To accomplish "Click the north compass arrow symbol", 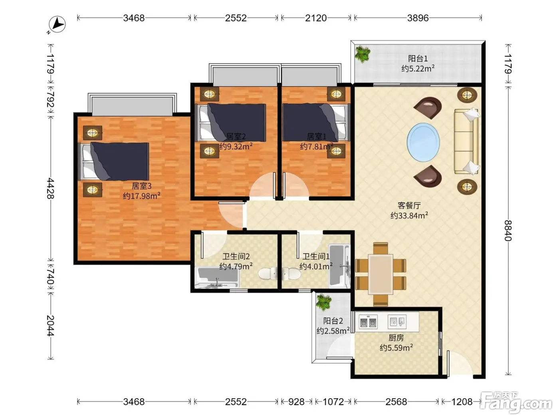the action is click(57, 24).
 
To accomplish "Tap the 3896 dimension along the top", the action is click(418, 18).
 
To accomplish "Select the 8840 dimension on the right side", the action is click(508, 231).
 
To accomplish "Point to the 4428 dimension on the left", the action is click(51, 188).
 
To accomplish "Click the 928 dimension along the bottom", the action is click(296, 402).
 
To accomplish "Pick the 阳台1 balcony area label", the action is click(418, 63).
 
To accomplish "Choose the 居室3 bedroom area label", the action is click(142, 191).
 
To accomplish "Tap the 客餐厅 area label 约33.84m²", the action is click(409, 215).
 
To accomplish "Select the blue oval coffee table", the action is click(423, 142).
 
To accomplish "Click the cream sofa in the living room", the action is click(466, 141).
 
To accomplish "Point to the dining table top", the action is click(381, 274).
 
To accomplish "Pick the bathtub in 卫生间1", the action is click(339, 266).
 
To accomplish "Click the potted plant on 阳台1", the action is click(363, 54).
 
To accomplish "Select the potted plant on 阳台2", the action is click(324, 302).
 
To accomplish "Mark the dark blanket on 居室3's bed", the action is click(120, 161).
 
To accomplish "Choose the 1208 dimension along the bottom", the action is click(462, 402).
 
